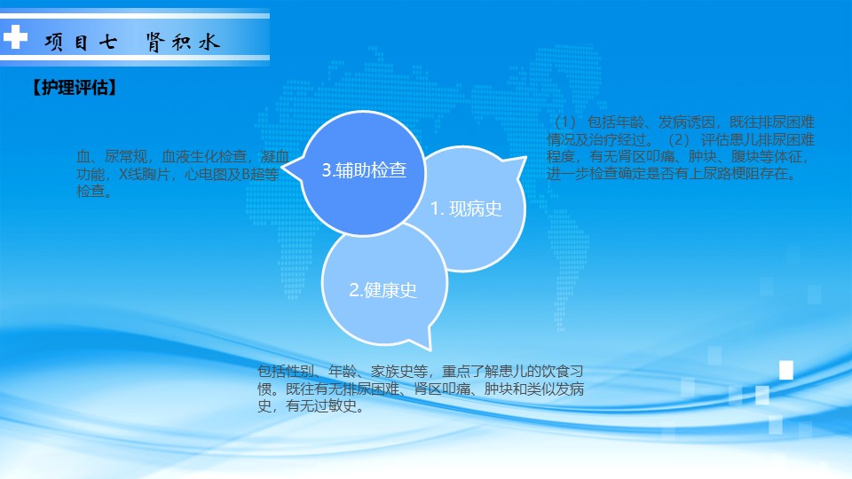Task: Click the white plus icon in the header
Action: click(x=15, y=37)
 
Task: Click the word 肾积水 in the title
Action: click(x=183, y=43)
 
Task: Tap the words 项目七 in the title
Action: click(x=81, y=43)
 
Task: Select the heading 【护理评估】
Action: click(x=74, y=88)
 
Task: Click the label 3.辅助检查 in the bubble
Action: click(x=364, y=170)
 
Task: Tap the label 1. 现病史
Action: click(x=466, y=208)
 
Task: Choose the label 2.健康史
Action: click(x=383, y=290)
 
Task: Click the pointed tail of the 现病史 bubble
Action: click(x=525, y=158)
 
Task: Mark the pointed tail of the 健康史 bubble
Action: click(x=430, y=349)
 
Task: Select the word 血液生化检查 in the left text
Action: click(x=204, y=156)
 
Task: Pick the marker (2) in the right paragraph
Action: click(x=678, y=139)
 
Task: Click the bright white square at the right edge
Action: click(x=786, y=370)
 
